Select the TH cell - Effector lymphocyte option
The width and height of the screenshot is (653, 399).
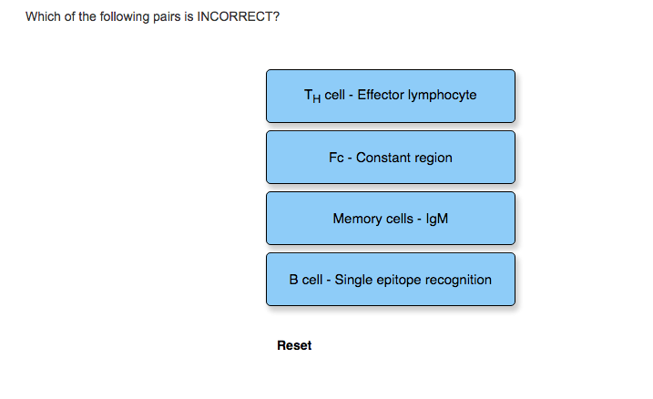click(391, 97)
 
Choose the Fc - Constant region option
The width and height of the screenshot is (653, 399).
click(391, 158)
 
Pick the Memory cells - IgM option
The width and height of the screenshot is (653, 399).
click(391, 219)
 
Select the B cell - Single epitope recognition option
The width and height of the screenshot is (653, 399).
click(391, 280)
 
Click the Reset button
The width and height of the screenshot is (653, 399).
click(294, 345)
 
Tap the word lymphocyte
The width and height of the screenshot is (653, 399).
click(443, 96)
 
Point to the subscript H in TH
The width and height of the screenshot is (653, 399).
click(317, 98)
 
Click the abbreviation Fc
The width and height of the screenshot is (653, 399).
click(336, 158)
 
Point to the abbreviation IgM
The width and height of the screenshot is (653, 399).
click(437, 220)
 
